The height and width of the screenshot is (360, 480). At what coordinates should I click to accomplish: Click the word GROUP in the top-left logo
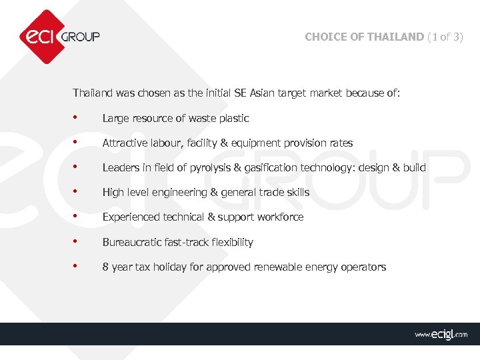(80, 37)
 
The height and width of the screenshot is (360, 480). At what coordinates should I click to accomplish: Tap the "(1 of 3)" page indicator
(445, 37)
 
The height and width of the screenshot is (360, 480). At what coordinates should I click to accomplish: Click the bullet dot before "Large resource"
(77, 117)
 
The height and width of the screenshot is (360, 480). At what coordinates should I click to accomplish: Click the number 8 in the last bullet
(105, 267)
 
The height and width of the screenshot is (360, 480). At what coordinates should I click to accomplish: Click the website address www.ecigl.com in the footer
(441, 334)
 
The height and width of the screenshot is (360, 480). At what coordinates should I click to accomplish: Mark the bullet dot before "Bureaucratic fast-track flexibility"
(77, 241)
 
